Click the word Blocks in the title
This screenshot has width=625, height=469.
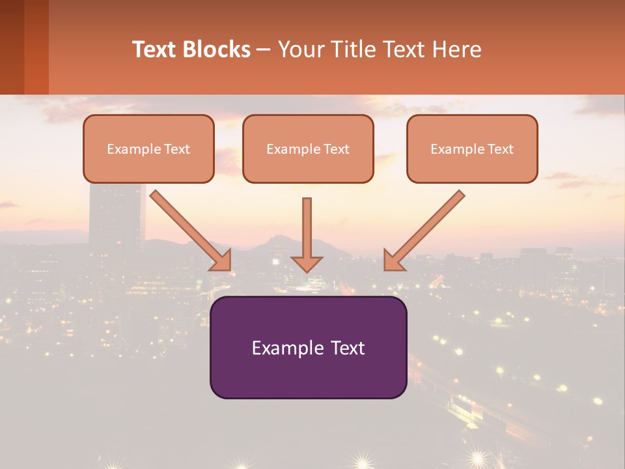tap(216, 50)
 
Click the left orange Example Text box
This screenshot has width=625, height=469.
tap(148, 149)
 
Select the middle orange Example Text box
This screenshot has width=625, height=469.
tap(308, 149)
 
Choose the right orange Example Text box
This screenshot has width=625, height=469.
tap(472, 149)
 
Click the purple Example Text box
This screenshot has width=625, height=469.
tap(308, 347)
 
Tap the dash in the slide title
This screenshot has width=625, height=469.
tap(264, 50)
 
